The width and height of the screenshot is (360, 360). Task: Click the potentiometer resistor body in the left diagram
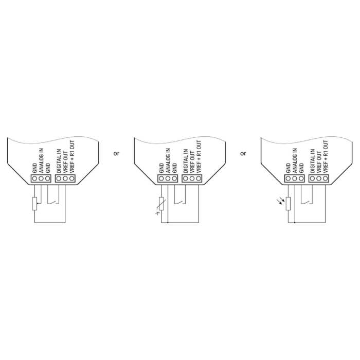pos(34,204)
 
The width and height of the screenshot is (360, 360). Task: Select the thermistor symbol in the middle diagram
pos(161,204)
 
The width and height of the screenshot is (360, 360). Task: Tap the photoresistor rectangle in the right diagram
pos(288,204)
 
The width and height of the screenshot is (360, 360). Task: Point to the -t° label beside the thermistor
pos(157,213)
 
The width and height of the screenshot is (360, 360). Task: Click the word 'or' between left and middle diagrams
pos(116,153)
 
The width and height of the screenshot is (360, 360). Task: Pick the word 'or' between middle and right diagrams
pos(243,153)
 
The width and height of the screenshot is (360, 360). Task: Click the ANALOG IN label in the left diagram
pos(41,160)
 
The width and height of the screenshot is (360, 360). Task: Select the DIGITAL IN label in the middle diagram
pos(186,161)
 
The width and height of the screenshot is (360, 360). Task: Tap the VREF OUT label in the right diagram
pos(319,162)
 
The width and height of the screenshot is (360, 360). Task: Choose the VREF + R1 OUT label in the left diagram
pos(72,156)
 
